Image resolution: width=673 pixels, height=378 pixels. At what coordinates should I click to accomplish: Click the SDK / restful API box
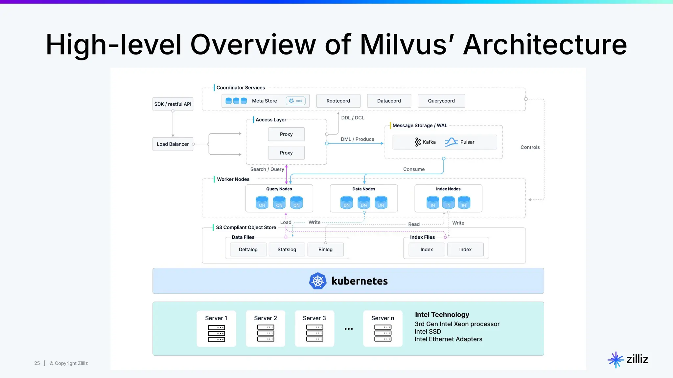tap(173, 104)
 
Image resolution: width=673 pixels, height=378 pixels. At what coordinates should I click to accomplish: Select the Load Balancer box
tap(173, 144)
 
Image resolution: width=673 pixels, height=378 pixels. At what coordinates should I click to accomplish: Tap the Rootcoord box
tap(338, 101)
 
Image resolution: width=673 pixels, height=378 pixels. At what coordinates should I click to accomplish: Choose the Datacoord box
tap(389, 101)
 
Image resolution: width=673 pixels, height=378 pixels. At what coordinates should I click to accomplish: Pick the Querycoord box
tap(441, 101)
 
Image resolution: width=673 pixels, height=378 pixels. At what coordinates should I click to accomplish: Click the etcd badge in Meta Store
tap(296, 101)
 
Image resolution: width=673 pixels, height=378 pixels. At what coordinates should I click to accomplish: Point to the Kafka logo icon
tap(418, 142)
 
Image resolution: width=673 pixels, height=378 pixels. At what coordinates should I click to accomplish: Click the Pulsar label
tap(467, 142)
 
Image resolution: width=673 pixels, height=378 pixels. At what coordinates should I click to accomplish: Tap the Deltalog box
tap(248, 249)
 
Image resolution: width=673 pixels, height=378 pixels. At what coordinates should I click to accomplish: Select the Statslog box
tap(287, 249)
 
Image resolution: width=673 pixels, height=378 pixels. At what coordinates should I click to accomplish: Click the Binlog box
tap(325, 249)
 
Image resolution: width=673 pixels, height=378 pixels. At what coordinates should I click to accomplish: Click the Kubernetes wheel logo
tap(318, 281)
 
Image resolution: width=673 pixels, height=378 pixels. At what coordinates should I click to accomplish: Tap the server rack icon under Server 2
tap(266, 333)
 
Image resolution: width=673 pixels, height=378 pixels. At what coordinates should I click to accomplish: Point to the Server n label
tap(383, 318)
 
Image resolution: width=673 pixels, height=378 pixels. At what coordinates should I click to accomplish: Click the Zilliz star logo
tap(615, 360)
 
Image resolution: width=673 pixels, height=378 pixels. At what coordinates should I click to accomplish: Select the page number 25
tap(37, 363)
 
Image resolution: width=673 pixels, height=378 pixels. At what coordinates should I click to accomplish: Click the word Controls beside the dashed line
tap(530, 147)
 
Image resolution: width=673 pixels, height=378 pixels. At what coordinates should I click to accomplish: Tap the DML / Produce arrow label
tap(357, 139)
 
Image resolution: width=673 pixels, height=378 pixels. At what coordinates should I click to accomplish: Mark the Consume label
tap(414, 169)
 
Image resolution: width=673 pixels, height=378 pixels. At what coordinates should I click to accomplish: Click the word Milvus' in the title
tap(407, 45)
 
